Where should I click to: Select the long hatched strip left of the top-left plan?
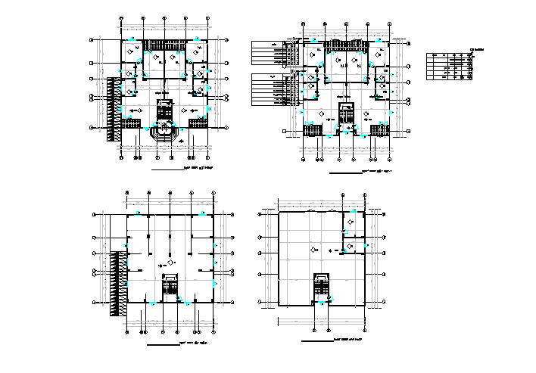[x=114, y=108]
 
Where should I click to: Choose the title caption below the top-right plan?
[x=376, y=173]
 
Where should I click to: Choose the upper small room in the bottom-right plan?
[x=352, y=223]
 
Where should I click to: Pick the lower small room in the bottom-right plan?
[x=353, y=247]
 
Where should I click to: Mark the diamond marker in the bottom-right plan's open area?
[x=311, y=248]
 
